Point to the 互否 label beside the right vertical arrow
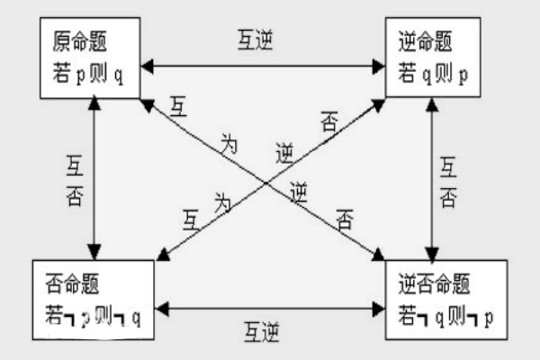click(x=447, y=179)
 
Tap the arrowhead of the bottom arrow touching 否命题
click(x=161, y=309)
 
